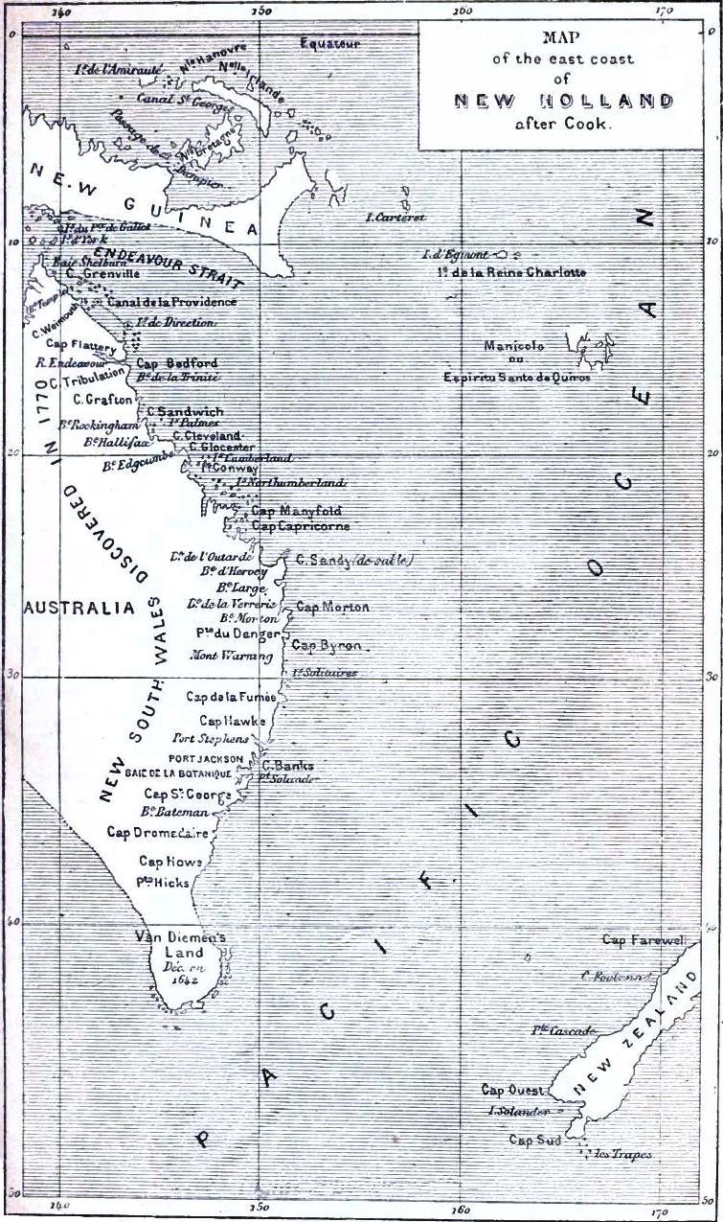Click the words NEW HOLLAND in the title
(562, 101)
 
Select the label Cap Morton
(332, 607)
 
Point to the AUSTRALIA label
(79, 609)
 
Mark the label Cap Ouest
(512, 1090)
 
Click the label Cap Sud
(534, 1140)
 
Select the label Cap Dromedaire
(156, 832)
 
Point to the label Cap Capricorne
(300, 526)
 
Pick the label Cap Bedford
(177, 363)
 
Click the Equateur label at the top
(329, 44)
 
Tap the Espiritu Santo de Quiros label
(516, 378)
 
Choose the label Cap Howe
(170, 861)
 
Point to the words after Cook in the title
(562, 124)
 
